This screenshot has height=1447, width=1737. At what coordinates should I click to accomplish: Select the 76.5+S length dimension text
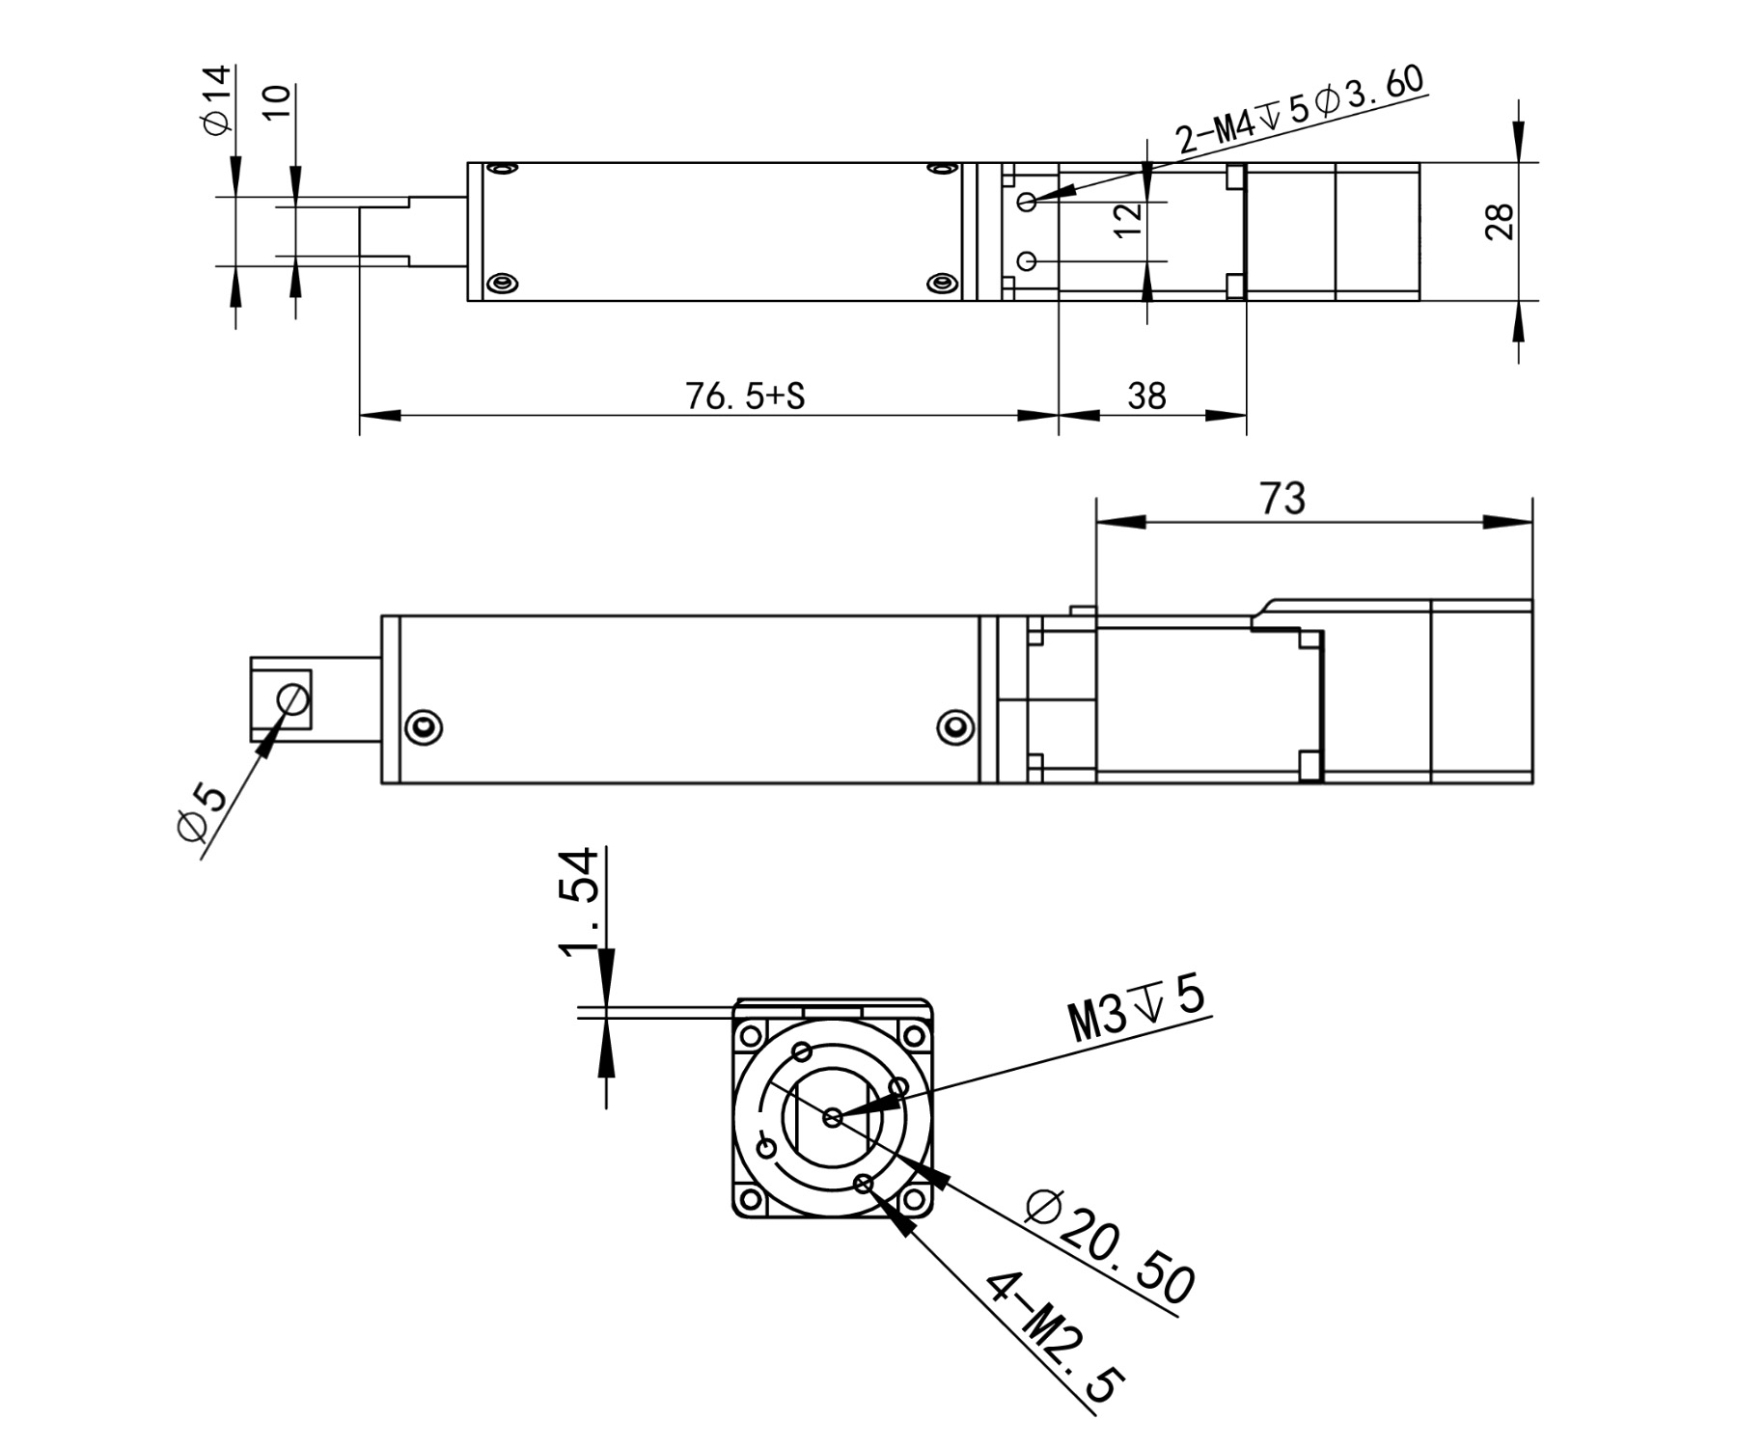[x=745, y=396]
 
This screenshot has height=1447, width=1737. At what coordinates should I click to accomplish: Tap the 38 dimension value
[x=1146, y=396]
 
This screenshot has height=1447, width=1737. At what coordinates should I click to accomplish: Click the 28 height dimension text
[x=1500, y=222]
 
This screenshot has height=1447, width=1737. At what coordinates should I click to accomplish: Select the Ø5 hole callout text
[x=202, y=811]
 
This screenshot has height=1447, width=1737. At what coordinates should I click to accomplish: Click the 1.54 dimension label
[x=581, y=903]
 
